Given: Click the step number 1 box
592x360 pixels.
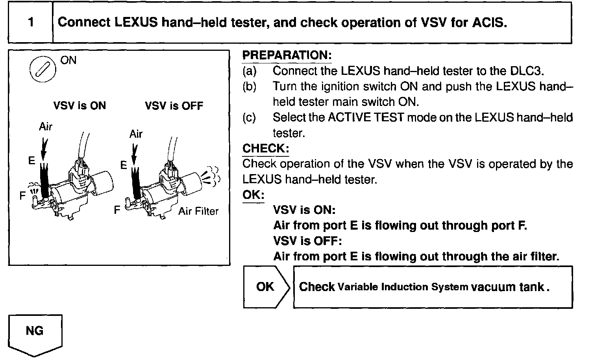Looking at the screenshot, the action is (30, 22).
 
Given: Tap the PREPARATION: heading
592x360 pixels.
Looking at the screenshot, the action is (287, 56).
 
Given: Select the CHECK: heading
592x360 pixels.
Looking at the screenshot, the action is (265, 148).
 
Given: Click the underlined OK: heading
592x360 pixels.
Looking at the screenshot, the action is (253, 195).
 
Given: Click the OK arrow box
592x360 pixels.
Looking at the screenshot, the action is (266, 287).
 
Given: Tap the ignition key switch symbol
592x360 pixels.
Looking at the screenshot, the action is (41, 70).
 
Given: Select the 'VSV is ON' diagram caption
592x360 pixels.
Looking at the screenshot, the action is (80, 106).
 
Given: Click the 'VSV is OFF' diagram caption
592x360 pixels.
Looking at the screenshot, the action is (174, 106).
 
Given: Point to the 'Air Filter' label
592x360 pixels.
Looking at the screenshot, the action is (198, 211).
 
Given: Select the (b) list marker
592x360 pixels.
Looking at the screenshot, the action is (249, 87).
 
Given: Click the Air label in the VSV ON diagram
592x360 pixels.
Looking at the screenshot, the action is (45, 127).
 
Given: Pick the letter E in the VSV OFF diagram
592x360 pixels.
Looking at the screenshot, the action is (123, 165).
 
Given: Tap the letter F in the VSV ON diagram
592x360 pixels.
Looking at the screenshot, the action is (23, 195).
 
